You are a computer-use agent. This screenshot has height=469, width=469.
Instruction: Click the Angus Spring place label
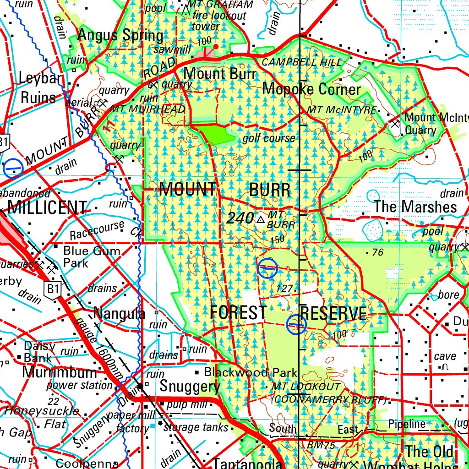(120, 35)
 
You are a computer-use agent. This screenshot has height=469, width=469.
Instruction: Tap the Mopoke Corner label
(311, 89)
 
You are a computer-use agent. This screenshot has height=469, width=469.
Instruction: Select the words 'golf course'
(269, 138)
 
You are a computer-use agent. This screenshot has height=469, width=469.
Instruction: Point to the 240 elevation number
(240, 218)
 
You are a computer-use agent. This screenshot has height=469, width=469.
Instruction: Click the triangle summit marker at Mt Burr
(261, 220)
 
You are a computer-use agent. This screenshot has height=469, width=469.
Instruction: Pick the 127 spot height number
(285, 288)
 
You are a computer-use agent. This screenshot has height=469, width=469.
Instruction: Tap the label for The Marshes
(415, 207)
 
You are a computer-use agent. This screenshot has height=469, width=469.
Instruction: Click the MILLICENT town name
(47, 208)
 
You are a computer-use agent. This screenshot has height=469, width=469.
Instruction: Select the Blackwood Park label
(251, 372)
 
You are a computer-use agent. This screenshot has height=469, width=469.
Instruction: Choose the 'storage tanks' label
(196, 427)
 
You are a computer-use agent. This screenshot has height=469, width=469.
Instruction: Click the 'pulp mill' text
(187, 404)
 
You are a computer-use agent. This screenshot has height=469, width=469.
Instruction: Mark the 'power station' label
(79, 385)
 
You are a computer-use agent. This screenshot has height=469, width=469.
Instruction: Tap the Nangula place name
(119, 314)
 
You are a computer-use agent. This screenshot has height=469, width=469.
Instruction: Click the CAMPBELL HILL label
(301, 62)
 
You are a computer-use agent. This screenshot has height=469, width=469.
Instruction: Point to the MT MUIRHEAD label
(148, 109)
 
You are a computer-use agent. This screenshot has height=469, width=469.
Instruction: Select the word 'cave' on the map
(445, 356)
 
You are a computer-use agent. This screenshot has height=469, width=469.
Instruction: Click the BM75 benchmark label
(321, 445)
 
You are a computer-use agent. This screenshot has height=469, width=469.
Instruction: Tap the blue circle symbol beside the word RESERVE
(296, 324)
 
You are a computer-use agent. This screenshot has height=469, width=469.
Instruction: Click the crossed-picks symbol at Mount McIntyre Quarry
(395, 123)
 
